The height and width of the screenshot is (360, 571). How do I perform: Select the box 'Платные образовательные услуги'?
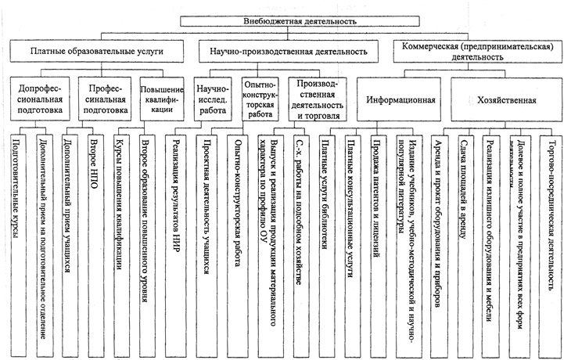pyautogui.click(x=96, y=52)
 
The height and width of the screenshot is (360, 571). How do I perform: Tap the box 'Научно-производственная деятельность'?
pyautogui.click(x=289, y=52)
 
